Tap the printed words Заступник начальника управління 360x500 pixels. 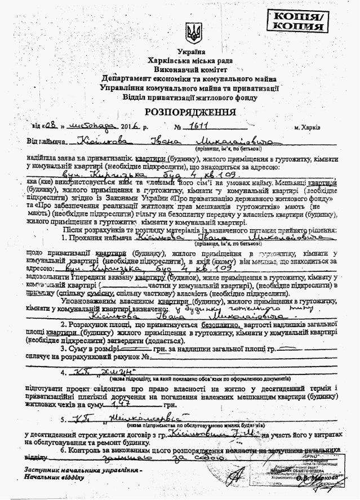tap(83, 470)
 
